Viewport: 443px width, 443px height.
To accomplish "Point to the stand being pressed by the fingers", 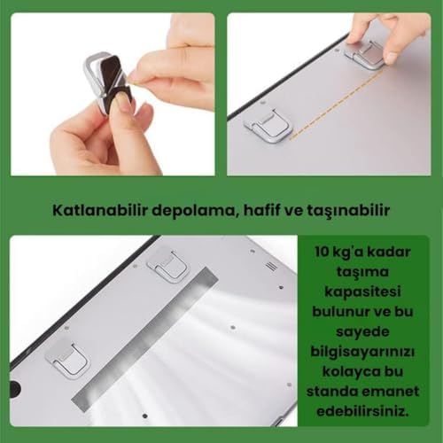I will pyautogui.click(x=364, y=55).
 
